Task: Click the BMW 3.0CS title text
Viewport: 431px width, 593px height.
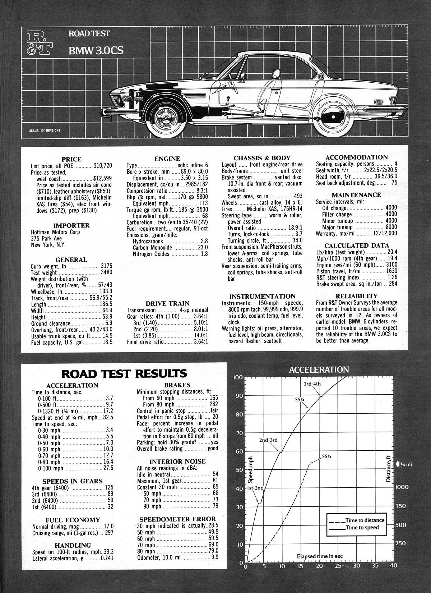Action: (96, 50)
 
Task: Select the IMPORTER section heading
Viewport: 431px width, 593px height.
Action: (71, 225)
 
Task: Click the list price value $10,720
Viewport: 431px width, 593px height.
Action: (103, 166)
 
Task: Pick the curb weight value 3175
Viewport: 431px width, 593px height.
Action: (106, 266)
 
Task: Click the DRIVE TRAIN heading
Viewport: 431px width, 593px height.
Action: (167, 303)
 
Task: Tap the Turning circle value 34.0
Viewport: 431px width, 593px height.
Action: (297, 240)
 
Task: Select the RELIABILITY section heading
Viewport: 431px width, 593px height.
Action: (356, 296)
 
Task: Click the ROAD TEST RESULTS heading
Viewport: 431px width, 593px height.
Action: (124, 373)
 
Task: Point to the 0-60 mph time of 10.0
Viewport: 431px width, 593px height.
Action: (108, 449)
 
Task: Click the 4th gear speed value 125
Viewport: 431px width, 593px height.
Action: (109, 488)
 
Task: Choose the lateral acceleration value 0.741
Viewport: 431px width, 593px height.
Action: (107, 558)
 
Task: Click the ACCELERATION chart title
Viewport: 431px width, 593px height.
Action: (319, 369)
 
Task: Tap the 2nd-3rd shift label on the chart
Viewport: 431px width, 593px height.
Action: (268, 440)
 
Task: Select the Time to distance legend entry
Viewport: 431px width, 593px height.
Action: (364, 520)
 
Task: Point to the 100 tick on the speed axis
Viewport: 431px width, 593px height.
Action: (238, 377)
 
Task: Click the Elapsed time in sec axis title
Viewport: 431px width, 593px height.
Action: (320, 556)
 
